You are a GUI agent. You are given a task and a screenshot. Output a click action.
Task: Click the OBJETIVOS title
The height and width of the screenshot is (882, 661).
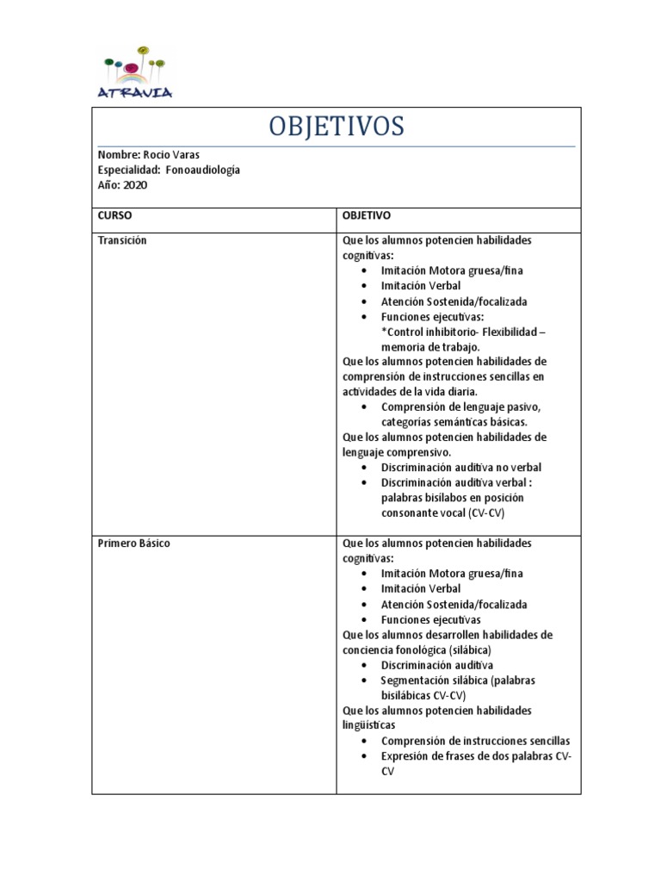[336, 127]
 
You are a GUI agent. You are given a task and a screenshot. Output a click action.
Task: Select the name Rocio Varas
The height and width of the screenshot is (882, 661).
[171, 155]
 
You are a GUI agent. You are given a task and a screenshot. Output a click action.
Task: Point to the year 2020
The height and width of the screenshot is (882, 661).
[136, 184]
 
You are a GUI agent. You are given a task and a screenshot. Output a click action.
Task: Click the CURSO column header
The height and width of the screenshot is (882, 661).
[115, 215]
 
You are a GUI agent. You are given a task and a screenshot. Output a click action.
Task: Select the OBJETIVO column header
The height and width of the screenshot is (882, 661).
[367, 215]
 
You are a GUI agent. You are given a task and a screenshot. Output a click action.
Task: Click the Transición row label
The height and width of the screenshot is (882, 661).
[123, 240]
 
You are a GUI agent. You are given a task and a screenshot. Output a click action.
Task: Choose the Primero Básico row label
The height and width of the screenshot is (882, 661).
[134, 543]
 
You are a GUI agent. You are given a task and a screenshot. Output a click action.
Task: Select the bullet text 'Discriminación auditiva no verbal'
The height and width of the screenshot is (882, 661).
[461, 468]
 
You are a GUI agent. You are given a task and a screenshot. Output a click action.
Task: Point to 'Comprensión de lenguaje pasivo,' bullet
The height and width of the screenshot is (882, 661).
[460, 407]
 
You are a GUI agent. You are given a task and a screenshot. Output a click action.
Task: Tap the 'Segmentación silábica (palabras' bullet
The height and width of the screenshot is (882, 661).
[458, 680]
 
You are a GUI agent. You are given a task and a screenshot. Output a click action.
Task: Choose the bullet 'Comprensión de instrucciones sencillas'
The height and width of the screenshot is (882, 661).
[475, 741]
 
